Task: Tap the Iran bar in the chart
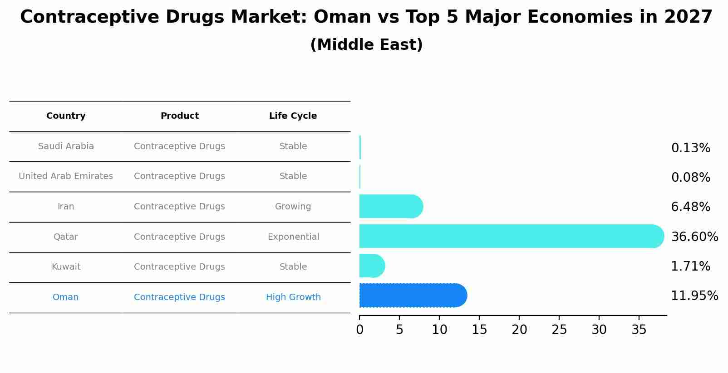point(390,207)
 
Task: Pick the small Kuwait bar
point(372,266)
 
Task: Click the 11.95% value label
point(694,296)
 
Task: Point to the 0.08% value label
point(690,178)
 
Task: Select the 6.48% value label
point(690,207)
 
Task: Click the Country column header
point(66,116)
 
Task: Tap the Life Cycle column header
point(293,116)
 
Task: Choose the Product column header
point(179,116)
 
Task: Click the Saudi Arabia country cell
point(66,146)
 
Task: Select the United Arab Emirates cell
point(66,176)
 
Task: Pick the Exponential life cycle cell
point(293,237)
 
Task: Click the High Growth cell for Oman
point(293,297)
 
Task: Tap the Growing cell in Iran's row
point(293,207)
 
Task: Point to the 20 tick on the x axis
point(519,330)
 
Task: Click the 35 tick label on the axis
point(639,330)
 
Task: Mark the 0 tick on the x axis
point(359,330)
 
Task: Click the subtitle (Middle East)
point(366,45)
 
